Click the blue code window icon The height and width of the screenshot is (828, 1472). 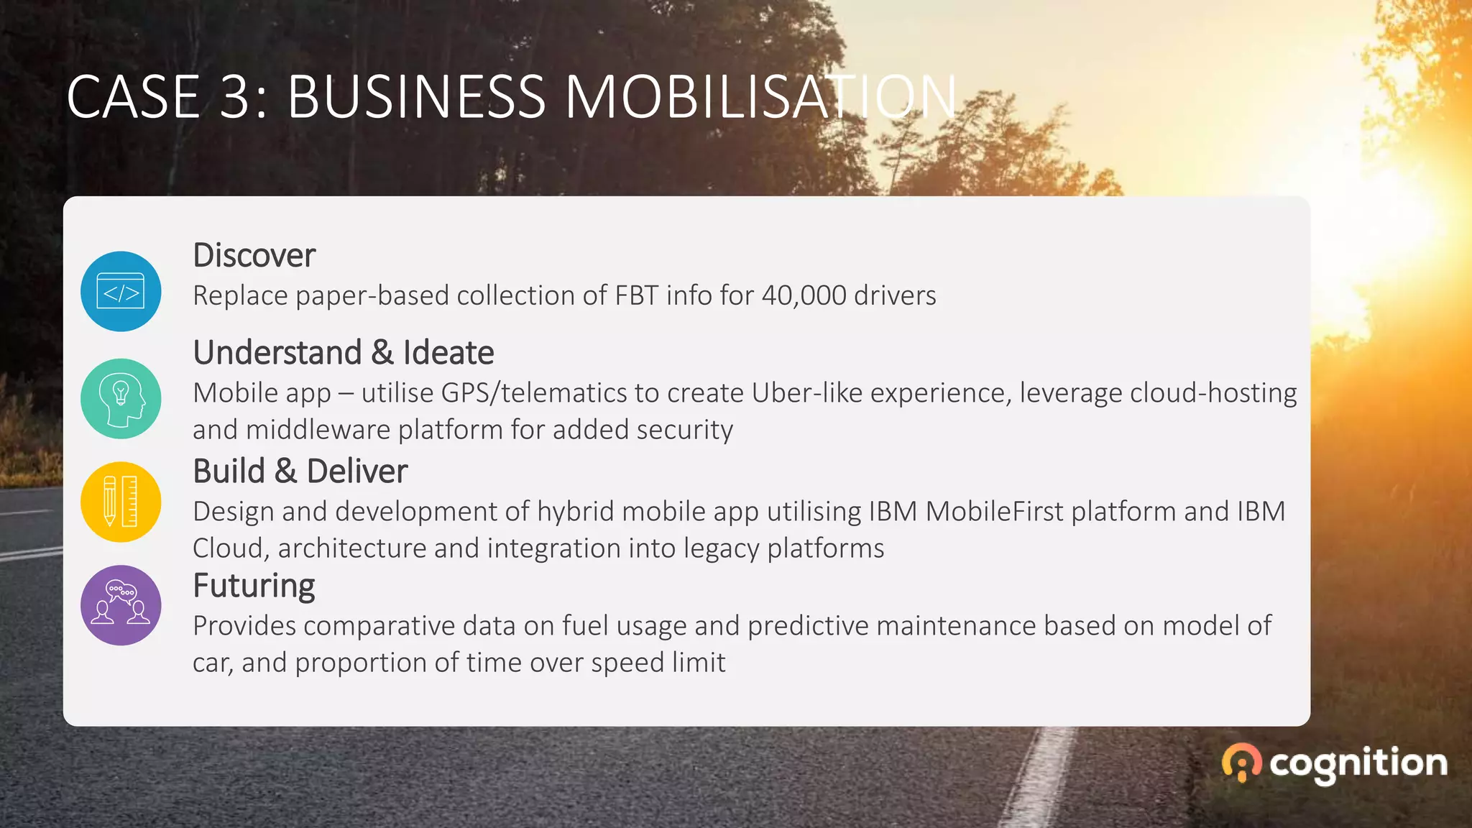(x=121, y=291)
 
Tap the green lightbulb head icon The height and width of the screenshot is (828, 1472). (x=121, y=399)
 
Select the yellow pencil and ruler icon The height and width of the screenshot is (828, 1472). (x=121, y=502)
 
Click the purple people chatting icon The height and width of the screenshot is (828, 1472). (x=121, y=605)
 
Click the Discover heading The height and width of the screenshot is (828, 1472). (x=254, y=256)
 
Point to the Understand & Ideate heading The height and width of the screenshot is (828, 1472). (x=344, y=353)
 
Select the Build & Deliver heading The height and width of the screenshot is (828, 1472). (x=300, y=471)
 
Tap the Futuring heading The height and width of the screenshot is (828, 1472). (x=254, y=586)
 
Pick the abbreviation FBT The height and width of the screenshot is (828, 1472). (x=636, y=295)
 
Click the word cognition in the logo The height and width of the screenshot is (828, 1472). (x=1358, y=763)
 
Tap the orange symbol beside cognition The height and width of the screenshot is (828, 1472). (x=1241, y=763)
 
